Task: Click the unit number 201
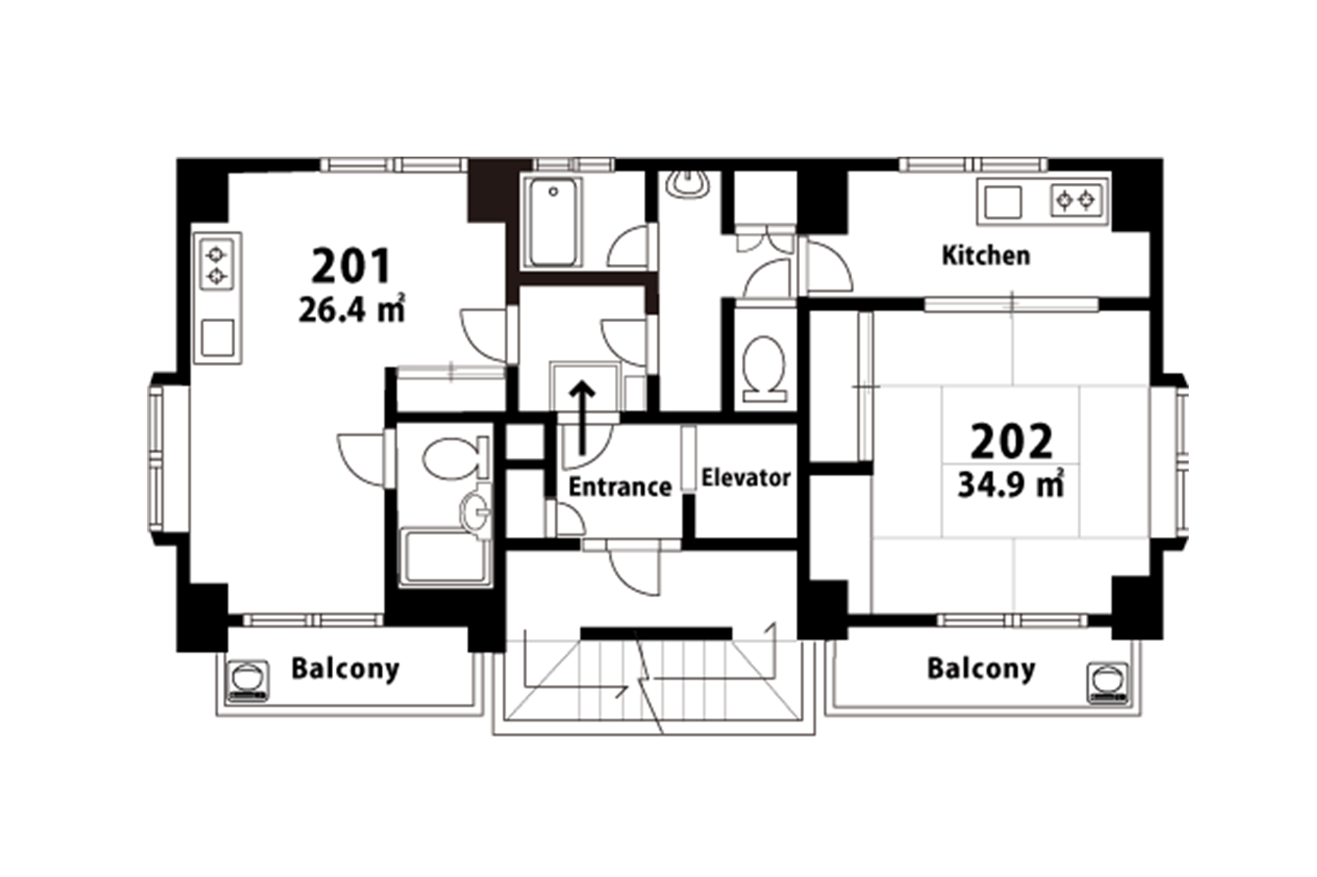[x=351, y=266]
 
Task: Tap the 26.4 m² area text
[x=352, y=308]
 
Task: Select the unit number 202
[x=1011, y=441]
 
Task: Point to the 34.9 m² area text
[x=1011, y=485]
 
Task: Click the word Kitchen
[x=986, y=255]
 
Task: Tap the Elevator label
[x=745, y=478]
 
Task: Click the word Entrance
[x=620, y=486]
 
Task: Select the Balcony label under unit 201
[x=346, y=669]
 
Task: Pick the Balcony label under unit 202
[x=981, y=669]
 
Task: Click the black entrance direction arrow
[x=583, y=418]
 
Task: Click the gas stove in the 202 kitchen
[x=1075, y=201]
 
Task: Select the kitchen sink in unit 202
[x=1003, y=203]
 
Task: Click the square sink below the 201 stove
[x=217, y=338]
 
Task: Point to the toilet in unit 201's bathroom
[x=455, y=458]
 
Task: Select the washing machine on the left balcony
[x=248, y=680]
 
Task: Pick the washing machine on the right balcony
[x=1107, y=683]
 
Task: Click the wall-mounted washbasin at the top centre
[x=687, y=184]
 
